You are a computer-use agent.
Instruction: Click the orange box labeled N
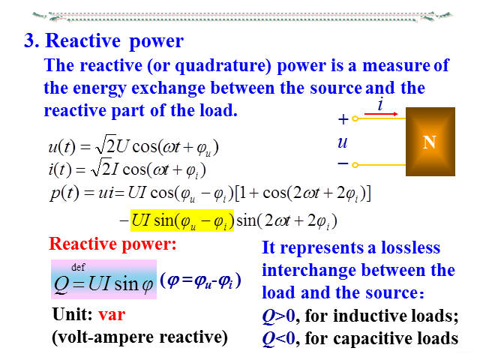430,140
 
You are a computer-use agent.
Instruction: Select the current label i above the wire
381,105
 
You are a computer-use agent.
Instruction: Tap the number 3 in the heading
30,40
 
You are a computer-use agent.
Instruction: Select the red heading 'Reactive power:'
112,244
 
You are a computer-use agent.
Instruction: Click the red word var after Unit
112,315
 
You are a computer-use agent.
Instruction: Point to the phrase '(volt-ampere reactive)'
139,337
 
